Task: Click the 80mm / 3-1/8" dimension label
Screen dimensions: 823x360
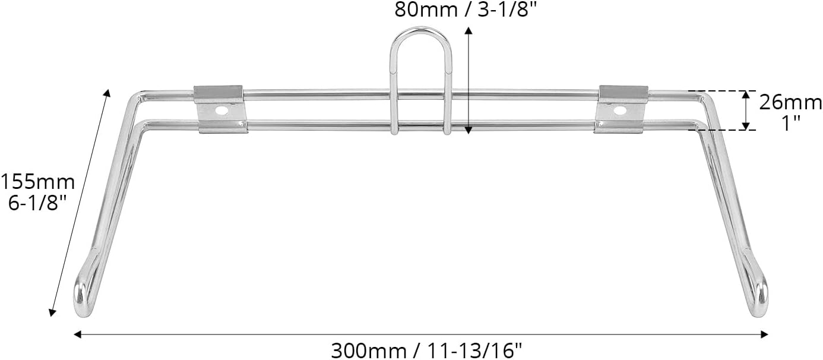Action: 466,10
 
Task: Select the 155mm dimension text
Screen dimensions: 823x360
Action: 37,181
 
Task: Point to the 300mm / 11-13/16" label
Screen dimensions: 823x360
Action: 426,350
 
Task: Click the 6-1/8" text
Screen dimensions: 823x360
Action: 38,203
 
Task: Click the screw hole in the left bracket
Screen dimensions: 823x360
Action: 221,110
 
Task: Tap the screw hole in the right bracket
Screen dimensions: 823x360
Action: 620,110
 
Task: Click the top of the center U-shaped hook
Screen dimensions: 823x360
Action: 421,30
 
